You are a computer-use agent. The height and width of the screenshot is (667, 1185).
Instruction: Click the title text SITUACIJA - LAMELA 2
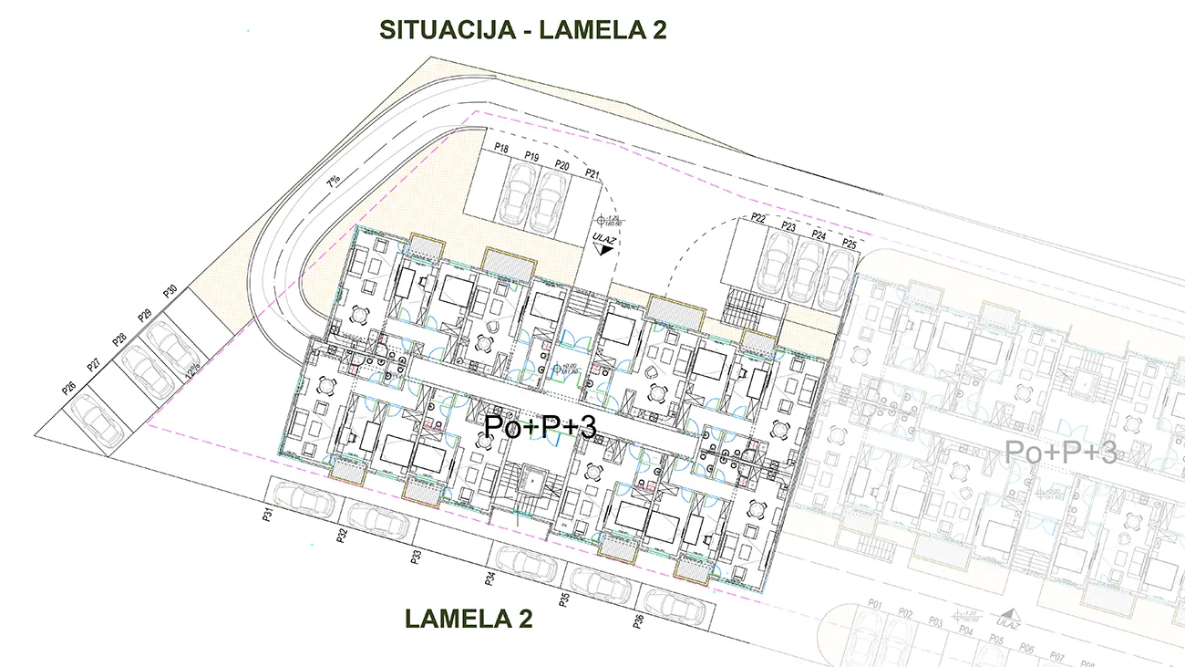522,29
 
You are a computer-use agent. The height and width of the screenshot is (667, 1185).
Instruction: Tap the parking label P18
500,149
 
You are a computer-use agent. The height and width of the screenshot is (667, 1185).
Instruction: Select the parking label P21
592,173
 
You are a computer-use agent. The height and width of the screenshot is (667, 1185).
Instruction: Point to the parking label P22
757,218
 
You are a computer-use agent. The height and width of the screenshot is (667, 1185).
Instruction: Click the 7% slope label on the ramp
334,181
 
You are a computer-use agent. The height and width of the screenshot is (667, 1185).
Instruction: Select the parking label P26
68,388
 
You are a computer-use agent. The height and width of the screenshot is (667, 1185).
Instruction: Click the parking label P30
170,293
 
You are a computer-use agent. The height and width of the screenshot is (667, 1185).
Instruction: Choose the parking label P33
416,557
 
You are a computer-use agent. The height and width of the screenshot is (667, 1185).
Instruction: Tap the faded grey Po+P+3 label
1060,452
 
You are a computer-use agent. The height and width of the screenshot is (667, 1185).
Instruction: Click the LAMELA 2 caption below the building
469,619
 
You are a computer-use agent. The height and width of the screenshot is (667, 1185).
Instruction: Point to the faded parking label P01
876,605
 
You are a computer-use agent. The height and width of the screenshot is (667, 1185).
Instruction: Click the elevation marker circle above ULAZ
601,221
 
